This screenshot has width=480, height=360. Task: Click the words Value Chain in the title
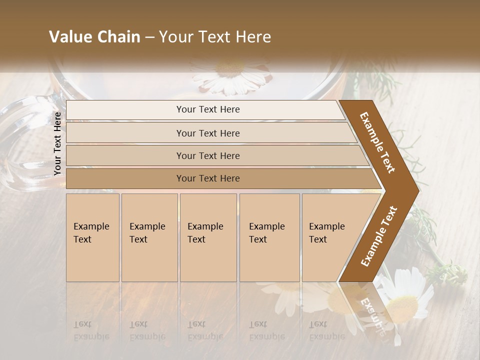94,37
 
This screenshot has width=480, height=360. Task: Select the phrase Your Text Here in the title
215,37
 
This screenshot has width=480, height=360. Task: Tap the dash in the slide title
149,37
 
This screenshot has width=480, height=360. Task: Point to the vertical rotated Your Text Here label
57,143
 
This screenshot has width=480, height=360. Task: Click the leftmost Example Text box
92,237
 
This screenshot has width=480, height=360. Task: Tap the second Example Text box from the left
149,237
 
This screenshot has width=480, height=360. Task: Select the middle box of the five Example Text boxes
208,237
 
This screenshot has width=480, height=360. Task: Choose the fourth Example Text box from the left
269,237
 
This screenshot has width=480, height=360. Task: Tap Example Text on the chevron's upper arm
377,142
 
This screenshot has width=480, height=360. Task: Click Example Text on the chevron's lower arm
378,236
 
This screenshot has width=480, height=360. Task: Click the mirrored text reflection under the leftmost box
91,330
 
